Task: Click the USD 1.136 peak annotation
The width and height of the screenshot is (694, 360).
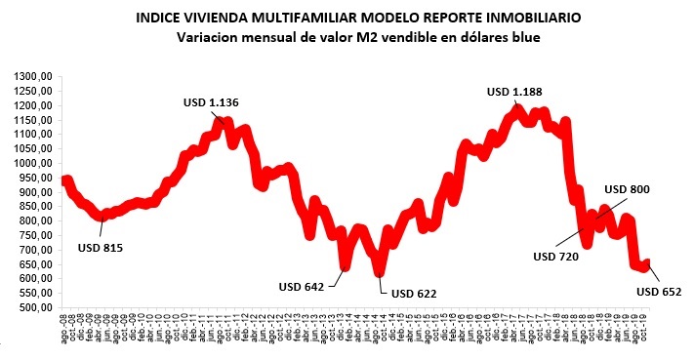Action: click(x=211, y=102)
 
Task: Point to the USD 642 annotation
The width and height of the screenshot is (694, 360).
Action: click(x=304, y=287)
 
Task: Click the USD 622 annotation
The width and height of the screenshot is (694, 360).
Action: click(x=414, y=293)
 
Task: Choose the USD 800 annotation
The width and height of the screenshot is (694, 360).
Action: click(x=628, y=189)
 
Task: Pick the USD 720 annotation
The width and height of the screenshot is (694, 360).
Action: click(x=557, y=257)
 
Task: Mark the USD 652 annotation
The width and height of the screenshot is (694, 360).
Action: click(x=659, y=290)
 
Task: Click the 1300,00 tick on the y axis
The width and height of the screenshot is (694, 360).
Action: click(x=33, y=76)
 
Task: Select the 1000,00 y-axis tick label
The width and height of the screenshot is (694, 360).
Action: click(x=33, y=163)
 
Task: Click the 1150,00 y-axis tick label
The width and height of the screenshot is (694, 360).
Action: click(x=33, y=120)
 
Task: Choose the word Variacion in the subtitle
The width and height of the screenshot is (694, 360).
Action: click(x=209, y=38)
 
